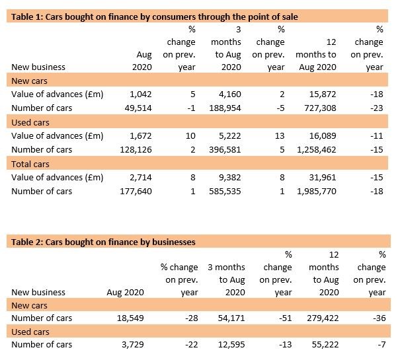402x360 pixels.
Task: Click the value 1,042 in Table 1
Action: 140,94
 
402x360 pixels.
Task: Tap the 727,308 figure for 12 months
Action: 320,108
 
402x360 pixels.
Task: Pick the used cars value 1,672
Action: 140,135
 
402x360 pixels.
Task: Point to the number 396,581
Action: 225,149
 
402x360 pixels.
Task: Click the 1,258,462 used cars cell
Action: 316,149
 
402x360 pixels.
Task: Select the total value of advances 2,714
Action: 140,177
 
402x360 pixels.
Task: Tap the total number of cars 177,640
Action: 136,192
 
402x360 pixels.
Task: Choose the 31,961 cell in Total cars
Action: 323,177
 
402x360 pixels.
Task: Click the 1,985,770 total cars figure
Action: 316,192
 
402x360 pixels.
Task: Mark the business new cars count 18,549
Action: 130,318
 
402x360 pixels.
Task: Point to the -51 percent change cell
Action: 286,318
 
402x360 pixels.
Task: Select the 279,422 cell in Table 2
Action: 323,318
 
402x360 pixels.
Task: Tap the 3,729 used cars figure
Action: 133,344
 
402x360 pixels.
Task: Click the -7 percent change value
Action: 382,344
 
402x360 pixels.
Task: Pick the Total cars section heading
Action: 30,164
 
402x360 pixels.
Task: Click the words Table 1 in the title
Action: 27,17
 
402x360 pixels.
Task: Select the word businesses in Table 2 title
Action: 174,242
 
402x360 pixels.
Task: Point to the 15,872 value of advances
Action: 323,94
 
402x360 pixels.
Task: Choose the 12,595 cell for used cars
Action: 231,344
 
